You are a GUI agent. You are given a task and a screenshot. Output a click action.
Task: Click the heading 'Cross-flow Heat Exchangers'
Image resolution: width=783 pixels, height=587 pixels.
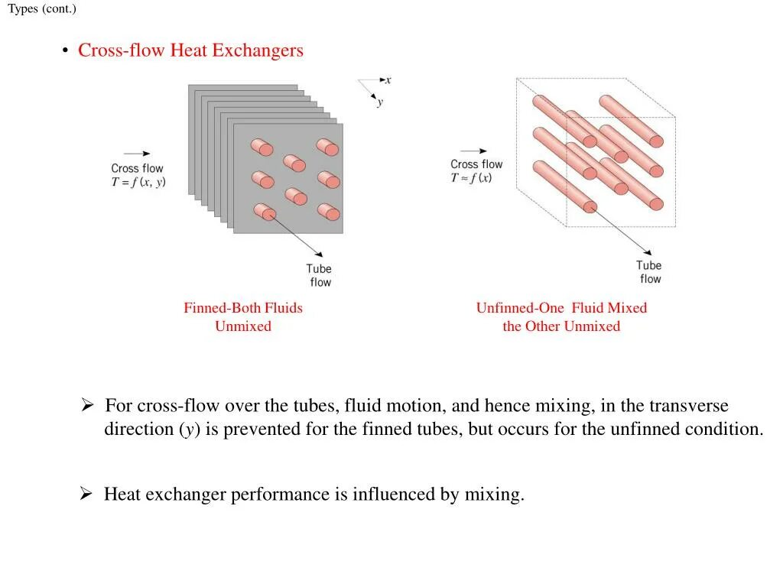[190, 50]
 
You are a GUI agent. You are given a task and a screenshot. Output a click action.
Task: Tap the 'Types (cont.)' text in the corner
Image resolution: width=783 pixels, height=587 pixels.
[42, 9]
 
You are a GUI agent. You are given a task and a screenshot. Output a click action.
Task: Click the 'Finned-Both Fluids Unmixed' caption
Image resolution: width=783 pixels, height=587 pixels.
[243, 317]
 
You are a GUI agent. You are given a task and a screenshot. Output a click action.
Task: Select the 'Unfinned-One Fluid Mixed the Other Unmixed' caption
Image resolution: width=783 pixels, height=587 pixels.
[561, 317]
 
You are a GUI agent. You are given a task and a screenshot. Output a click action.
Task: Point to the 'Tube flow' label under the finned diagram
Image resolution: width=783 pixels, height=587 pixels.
[319, 275]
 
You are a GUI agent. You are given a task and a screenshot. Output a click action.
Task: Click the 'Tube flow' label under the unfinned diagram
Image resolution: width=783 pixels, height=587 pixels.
[649, 272]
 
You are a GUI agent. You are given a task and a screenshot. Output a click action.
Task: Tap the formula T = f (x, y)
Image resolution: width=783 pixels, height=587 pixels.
[138, 182]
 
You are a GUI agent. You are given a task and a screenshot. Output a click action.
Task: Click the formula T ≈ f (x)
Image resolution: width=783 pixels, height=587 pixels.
[471, 178]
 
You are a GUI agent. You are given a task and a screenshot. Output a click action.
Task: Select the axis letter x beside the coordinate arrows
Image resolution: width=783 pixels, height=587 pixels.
[388, 79]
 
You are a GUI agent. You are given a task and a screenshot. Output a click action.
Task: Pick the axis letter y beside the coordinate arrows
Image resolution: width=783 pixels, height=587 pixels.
[380, 102]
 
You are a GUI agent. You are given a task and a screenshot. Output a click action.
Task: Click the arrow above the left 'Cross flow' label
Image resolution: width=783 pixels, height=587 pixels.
[137, 154]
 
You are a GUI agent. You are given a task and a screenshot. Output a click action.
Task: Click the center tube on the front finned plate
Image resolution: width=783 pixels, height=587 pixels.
[294, 163]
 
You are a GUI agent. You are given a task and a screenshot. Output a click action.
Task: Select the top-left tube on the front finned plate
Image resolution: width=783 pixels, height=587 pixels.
[262, 147]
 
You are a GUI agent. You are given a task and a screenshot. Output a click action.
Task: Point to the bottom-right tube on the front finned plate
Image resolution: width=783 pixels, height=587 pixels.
[328, 211]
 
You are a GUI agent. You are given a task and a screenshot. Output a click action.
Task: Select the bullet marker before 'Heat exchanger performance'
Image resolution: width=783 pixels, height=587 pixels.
[86, 495]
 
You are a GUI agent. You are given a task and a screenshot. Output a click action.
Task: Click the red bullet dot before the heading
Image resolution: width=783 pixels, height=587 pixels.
[66, 51]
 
